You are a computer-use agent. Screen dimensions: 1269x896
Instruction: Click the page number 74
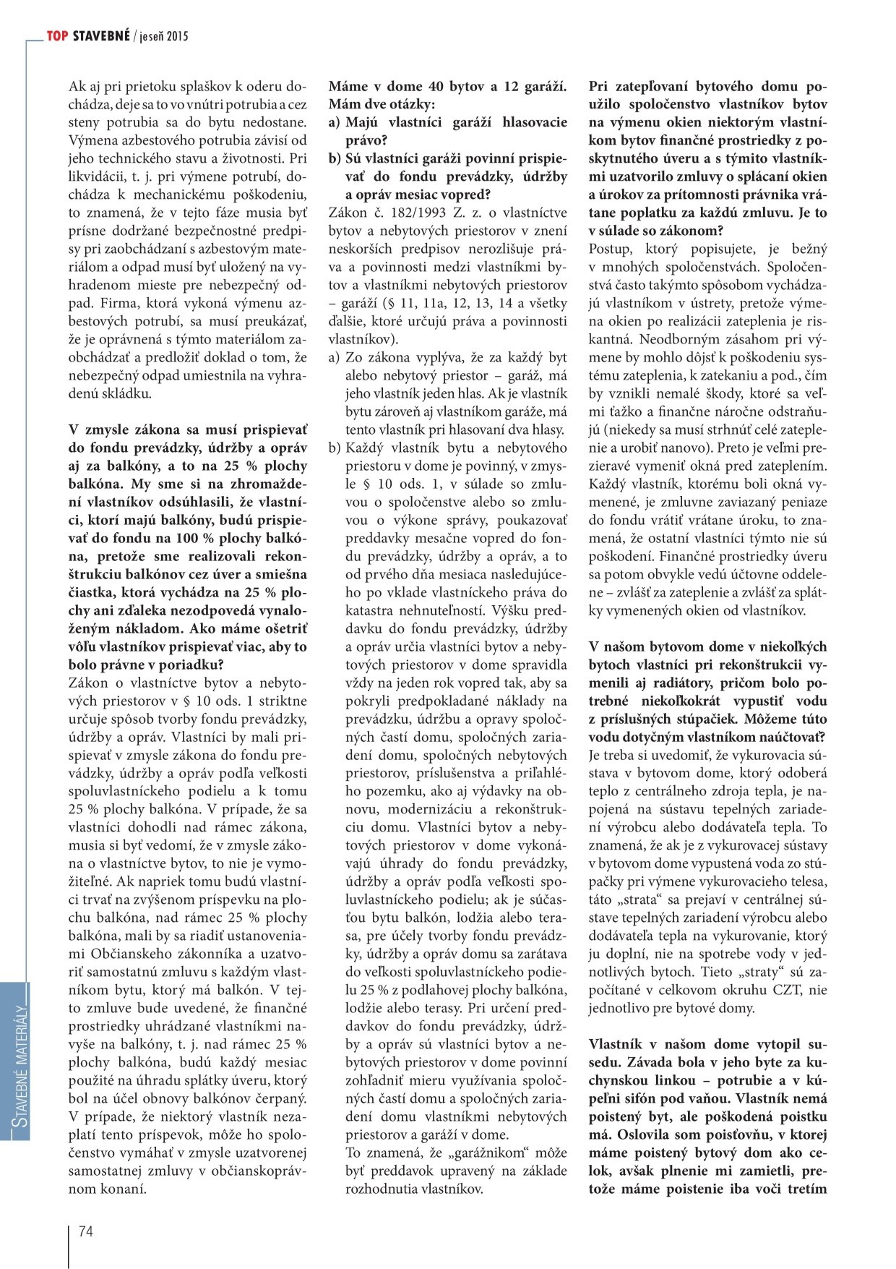(x=85, y=1231)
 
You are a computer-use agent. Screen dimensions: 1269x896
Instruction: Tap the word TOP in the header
(x=57, y=35)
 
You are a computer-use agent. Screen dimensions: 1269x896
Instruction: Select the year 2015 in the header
(x=177, y=35)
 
